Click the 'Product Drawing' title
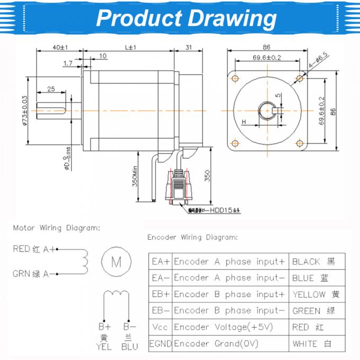(186, 18)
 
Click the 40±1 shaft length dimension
(59, 47)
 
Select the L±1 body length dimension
(130, 47)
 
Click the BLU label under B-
(129, 347)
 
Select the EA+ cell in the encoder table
(160, 261)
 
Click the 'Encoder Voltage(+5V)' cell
(223, 327)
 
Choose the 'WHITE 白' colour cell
(312, 344)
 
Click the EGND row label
(160, 344)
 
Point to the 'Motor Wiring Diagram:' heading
(56, 228)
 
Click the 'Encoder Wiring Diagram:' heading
(193, 237)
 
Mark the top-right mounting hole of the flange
(301, 78)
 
